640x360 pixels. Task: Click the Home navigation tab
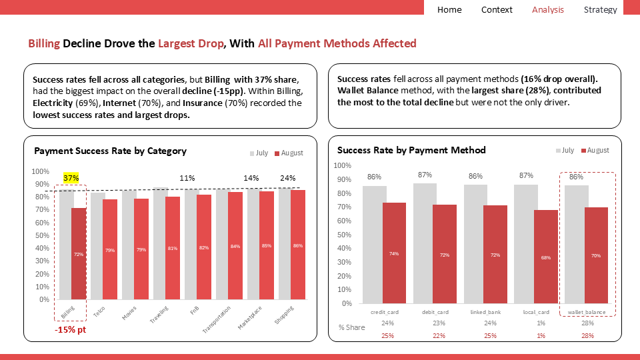coord(449,9)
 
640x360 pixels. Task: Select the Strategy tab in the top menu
coord(600,9)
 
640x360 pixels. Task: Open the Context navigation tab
coord(497,9)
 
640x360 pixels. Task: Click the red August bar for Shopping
coord(297,245)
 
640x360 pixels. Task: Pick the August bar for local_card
coord(545,257)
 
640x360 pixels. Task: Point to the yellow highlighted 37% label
coord(71,178)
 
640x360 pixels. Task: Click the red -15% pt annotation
coord(71,329)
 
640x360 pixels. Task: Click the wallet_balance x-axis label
coord(586,312)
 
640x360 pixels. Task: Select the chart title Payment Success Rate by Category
coord(110,151)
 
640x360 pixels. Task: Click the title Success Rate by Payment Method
coord(411,150)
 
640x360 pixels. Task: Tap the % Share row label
coord(351,327)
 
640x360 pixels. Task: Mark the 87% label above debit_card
coord(425,175)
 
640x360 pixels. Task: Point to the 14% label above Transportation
coord(251,178)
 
